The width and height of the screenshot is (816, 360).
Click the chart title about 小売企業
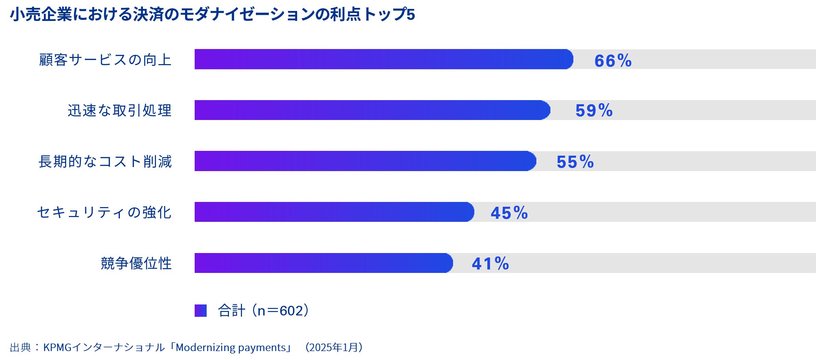[212, 14]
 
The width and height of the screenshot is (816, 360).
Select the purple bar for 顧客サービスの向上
[383, 59]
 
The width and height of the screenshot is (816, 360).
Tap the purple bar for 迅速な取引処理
[372, 110]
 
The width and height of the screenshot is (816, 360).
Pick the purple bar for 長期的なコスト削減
[365, 161]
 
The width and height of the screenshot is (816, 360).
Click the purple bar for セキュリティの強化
[334, 212]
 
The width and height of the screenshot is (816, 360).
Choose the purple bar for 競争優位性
[323, 263]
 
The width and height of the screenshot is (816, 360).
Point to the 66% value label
[613, 61]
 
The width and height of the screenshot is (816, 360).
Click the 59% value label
[594, 111]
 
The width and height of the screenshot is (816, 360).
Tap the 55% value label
[575, 162]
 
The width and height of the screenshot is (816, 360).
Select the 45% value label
[509, 213]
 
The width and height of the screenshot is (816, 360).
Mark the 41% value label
[490, 264]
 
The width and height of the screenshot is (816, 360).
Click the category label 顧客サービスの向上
[105, 60]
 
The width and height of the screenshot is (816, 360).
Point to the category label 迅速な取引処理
[119, 110]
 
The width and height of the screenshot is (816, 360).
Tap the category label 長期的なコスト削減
[105, 161]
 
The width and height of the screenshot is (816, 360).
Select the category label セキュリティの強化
[104, 212]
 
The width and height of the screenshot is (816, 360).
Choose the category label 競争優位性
[136, 263]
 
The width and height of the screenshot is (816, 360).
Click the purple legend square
[200, 311]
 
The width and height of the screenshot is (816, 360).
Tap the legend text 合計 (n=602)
[263, 311]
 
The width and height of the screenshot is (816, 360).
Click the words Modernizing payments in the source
[231, 348]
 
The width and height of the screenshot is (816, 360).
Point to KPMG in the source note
[57, 348]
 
